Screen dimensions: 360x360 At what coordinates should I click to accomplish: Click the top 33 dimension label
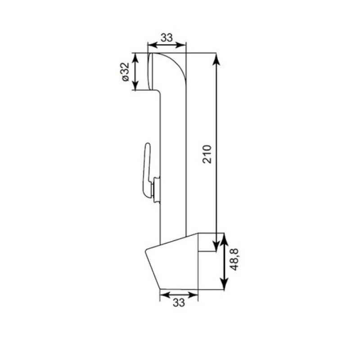click(x=166, y=38)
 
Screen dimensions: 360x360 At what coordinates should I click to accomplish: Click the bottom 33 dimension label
click(x=179, y=302)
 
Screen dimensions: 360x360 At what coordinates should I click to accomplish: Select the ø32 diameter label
click(x=126, y=72)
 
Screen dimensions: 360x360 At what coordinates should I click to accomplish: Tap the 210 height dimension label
click(x=207, y=154)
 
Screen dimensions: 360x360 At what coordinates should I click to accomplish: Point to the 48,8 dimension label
click(x=234, y=260)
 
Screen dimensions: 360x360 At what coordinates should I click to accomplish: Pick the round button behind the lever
click(x=157, y=189)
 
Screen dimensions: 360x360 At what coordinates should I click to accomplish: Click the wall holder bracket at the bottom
click(x=172, y=261)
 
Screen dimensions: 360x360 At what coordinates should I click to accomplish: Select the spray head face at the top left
click(x=150, y=72)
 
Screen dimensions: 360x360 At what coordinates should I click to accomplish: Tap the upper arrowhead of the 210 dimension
click(x=216, y=59)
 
